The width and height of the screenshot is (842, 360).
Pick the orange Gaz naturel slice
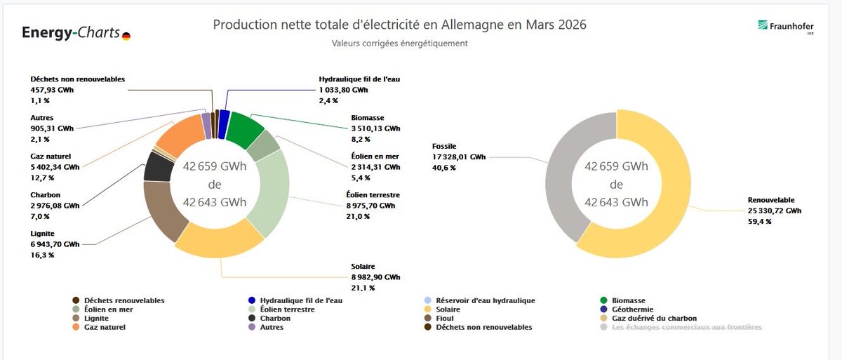pyautogui.click(x=179, y=138)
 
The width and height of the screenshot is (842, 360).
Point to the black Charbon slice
pyautogui.click(x=158, y=166)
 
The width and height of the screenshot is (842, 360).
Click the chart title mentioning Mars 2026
pyautogui.click(x=399, y=25)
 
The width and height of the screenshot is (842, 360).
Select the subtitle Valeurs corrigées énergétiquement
pyautogui.click(x=399, y=44)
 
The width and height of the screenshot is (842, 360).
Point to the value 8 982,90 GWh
pyautogui.click(x=375, y=277)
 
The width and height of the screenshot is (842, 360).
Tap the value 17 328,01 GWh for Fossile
pyautogui.click(x=458, y=157)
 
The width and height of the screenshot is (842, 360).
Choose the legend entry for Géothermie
pyautogui.click(x=632, y=309)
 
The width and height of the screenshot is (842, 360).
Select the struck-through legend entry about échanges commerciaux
pyautogui.click(x=686, y=327)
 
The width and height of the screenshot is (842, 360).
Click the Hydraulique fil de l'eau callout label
pyautogui.click(x=359, y=79)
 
